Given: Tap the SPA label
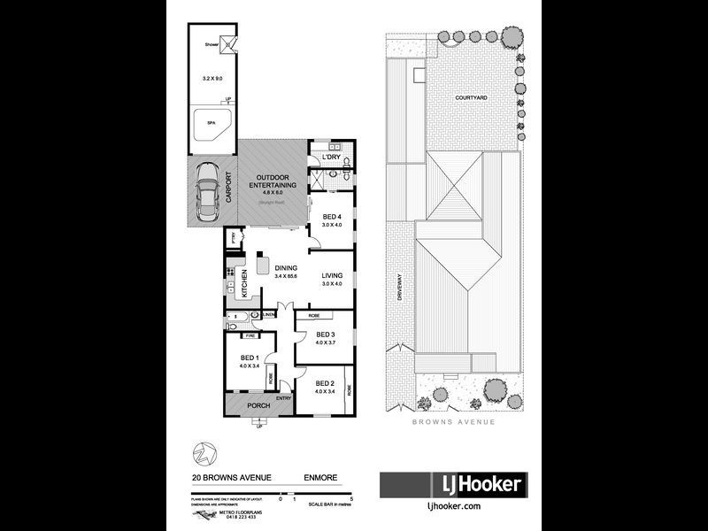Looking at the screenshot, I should pos(211,123).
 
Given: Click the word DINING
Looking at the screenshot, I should pos(286,268).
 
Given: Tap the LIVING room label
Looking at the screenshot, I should pos(331,275).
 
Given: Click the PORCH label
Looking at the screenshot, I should pos(258,406).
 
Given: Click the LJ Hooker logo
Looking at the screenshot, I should pos(453,484).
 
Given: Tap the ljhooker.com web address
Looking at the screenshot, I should pos(453,505).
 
